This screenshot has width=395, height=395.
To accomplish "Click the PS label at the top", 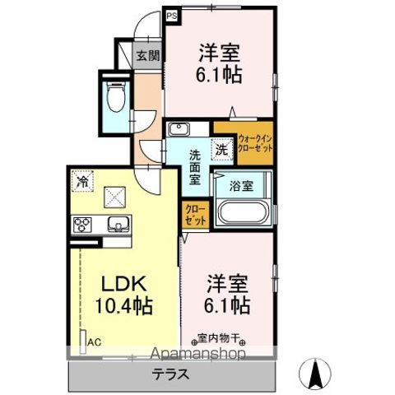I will tap(171, 13).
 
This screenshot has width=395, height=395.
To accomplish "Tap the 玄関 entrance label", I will tap(148, 57).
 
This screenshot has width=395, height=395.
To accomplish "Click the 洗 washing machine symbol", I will tap(221, 151).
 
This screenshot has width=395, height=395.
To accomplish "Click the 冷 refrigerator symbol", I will tap(82, 179).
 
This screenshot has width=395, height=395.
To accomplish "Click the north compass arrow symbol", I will tap(314, 374).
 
